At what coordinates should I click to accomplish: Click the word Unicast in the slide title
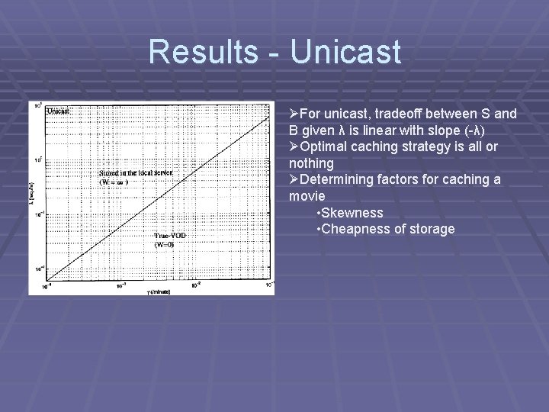click(x=345, y=52)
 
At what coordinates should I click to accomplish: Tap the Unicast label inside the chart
click(x=59, y=111)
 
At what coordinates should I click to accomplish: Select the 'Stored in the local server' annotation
click(x=136, y=173)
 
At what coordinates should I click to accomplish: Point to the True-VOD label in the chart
click(x=170, y=236)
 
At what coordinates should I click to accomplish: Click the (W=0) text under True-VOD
click(x=166, y=245)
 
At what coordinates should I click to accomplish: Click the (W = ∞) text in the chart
click(x=114, y=182)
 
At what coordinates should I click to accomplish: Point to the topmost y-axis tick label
click(x=37, y=105)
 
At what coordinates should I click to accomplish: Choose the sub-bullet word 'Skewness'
click(x=352, y=213)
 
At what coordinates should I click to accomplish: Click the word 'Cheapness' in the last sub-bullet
click(x=355, y=229)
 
